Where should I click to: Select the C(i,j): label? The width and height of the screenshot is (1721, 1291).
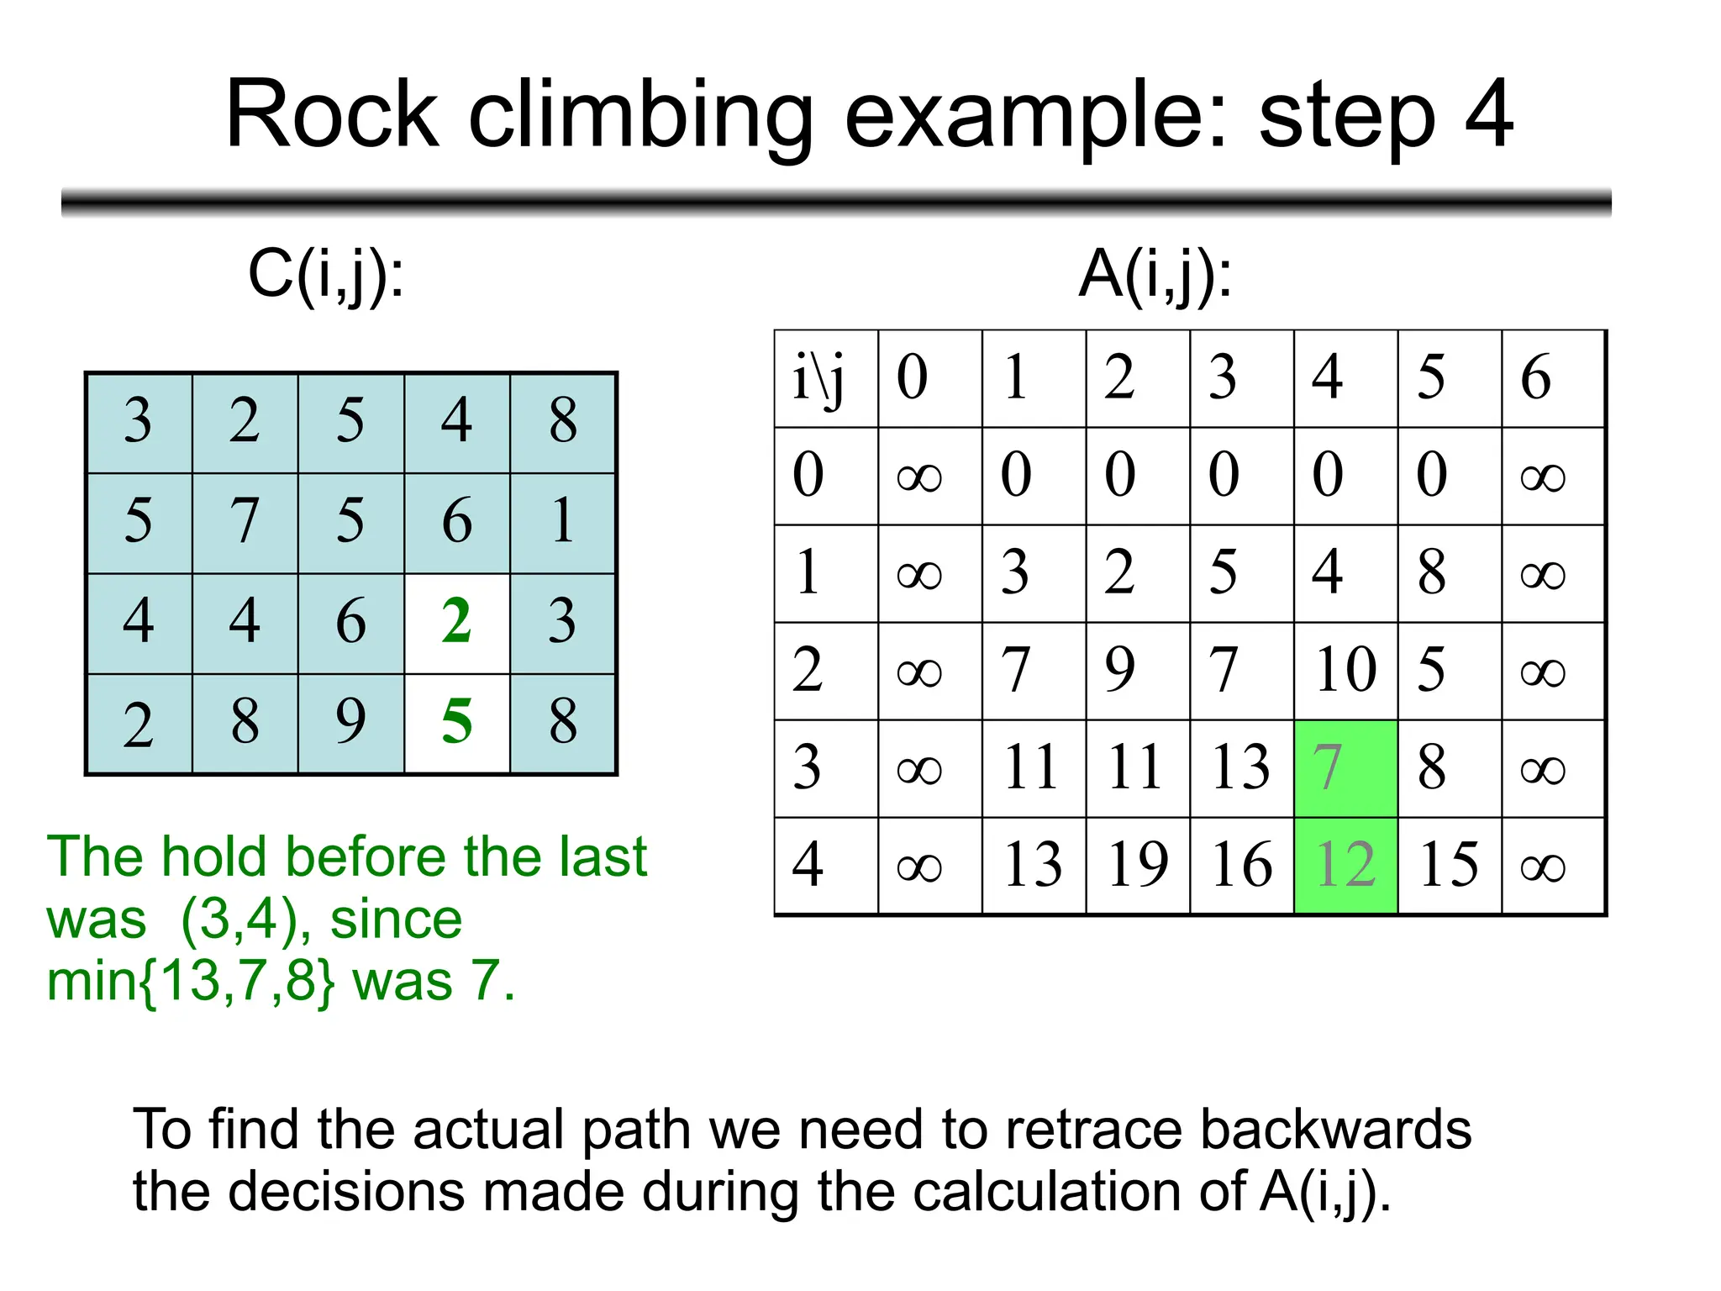tap(326, 275)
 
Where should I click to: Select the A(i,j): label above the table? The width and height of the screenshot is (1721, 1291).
tap(1155, 275)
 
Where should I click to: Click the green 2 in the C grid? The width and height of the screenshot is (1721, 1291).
tap(456, 622)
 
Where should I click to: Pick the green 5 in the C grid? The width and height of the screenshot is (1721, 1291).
tap(456, 721)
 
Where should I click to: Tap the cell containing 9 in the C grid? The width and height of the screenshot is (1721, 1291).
tap(350, 721)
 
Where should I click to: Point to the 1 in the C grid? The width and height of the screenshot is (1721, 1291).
tap(563, 521)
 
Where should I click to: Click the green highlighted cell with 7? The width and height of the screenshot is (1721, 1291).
tap(1345, 767)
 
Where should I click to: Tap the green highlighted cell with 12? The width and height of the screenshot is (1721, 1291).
tap(1345, 865)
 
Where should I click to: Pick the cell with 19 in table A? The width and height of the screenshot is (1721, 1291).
tap(1137, 865)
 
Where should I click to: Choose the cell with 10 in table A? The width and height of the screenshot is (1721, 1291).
tap(1345, 671)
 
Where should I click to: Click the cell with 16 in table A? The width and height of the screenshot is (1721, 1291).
tap(1241, 865)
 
